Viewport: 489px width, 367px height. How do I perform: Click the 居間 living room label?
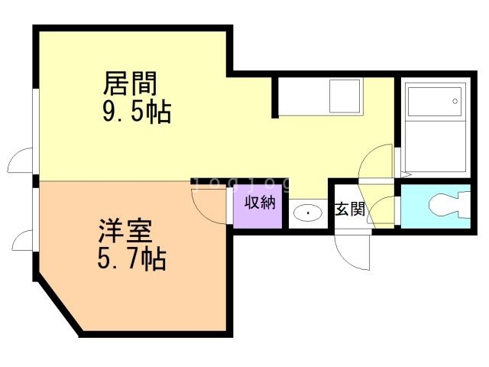[x=130, y=83]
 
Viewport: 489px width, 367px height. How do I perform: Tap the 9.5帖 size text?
[x=137, y=112]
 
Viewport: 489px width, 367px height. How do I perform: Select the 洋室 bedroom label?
[x=125, y=231]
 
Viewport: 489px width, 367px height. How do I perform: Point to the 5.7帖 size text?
[x=131, y=258]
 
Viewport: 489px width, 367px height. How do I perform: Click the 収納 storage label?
[x=260, y=203]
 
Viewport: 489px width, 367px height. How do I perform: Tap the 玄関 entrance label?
[x=350, y=209]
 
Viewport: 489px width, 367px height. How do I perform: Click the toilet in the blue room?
[x=449, y=205]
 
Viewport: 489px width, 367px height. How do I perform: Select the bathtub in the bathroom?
[x=436, y=128]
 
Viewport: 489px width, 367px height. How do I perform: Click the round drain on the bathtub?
[x=455, y=101]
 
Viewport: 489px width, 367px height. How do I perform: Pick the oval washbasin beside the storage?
[x=307, y=213]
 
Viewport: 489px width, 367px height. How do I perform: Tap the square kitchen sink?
[x=345, y=96]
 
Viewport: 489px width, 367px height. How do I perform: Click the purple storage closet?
[x=257, y=206]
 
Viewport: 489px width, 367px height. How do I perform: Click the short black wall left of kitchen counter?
[x=275, y=98]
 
